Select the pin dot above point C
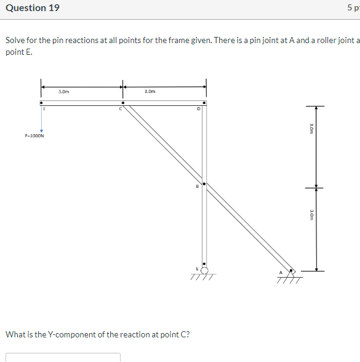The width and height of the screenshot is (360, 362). click(x=122, y=103)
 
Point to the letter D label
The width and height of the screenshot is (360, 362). click(x=198, y=110)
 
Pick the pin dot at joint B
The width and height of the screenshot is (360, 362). click(x=204, y=183)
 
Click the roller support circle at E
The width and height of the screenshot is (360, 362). click(x=204, y=269)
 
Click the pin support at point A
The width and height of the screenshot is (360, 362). click(x=292, y=271)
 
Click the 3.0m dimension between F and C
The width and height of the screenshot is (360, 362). click(x=63, y=91)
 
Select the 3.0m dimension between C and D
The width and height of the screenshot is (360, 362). click(x=149, y=91)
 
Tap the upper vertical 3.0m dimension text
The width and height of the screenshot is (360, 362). click(x=311, y=127)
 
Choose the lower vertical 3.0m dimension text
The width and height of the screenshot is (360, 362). click(x=311, y=214)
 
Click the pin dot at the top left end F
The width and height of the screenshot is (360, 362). click(x=41, y=103)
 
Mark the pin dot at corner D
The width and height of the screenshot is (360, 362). click(x=204, y=103)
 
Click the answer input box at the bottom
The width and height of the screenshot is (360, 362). click(x=63, y=357)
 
